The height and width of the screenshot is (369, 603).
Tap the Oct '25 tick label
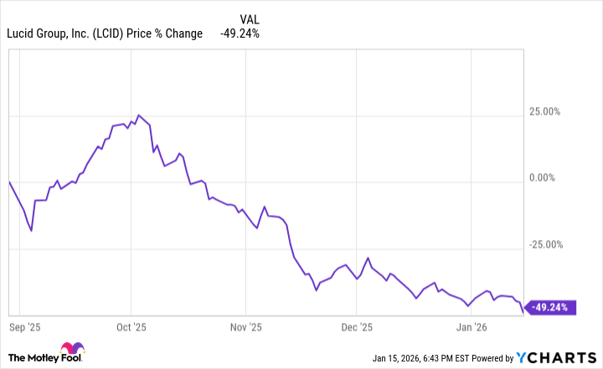click(x=131, y=327)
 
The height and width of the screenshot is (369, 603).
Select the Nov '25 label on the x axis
click(x=245, y=327)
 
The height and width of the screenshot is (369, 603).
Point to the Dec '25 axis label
click(x=356, y=327)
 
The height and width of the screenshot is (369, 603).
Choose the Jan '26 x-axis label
click(x=472, y=327)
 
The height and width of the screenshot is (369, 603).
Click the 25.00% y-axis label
click(x=554, y=111)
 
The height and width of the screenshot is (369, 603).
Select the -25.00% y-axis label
click(x=553, y=244)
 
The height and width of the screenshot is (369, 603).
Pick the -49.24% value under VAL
click(x=240, y=34)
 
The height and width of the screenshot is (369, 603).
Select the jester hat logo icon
click(x=70, y=351)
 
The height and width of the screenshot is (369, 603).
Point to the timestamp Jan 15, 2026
click(x=401, y=358)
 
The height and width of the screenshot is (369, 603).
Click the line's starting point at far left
click(x=8, y=181)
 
